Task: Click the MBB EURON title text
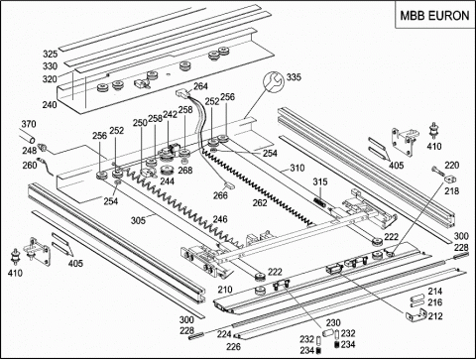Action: [434, 16]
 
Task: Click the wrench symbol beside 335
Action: [273, 81]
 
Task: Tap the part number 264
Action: [200, 86]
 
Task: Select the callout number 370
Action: [29, 124]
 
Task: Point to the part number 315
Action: [320, 181]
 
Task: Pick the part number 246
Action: [220, 219]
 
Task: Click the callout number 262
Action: [260, 203]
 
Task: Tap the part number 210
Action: [225, 290]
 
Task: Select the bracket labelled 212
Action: [416, 314]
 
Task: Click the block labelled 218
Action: [449, 179]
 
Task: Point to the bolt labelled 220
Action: [438, 172]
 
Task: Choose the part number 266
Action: [220, 195]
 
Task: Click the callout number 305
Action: [138, 220]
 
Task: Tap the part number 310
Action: [297, 168]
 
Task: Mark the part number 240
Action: [50, 105]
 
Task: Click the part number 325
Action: [51, 54]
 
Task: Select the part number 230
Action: [333, 322]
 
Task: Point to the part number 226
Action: [233, 347]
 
